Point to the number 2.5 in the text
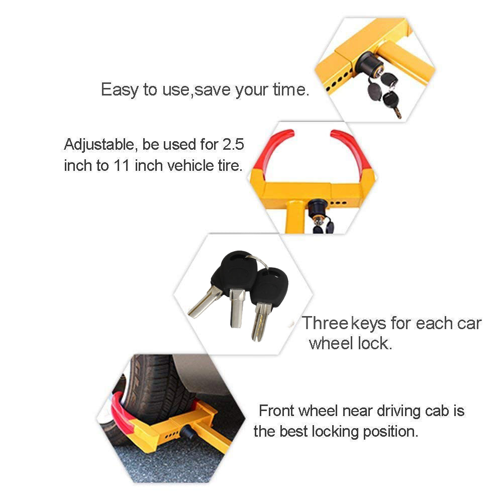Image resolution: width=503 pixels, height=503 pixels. (x=233, y=144)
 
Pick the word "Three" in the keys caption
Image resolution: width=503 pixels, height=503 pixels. (x=326, y=323)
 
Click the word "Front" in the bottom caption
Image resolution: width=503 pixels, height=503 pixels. (x=276, y=411)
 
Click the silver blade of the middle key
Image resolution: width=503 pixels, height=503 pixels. (x=237, y=308)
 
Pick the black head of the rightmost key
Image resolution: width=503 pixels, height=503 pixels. (x=269, y=286)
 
